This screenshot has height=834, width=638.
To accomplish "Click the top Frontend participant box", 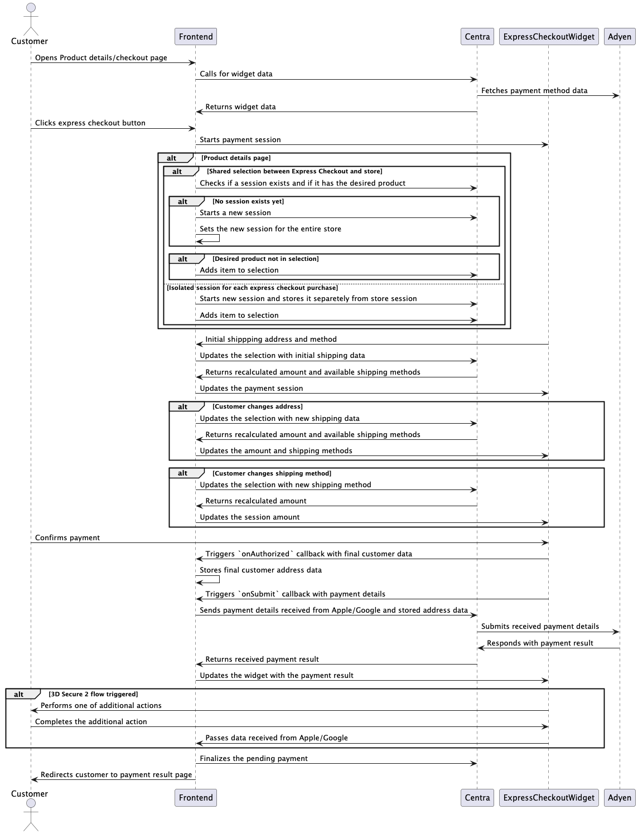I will (196, 37).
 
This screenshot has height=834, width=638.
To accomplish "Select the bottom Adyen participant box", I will (619, 797).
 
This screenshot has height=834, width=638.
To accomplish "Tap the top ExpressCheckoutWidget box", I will (549, 37).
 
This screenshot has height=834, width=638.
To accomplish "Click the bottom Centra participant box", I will (477, 797).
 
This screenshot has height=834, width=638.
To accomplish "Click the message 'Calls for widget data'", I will (236, 74).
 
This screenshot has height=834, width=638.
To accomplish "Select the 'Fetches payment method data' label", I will (534, 90).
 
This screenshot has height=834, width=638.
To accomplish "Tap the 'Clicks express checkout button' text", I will (90, 123).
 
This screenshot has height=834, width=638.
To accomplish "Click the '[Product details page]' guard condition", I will (236, 158).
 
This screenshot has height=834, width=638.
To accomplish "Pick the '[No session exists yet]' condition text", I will (248, 202).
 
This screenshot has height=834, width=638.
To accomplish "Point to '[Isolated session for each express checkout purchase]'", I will (252, 288).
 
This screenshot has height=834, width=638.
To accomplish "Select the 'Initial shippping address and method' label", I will (270, 339).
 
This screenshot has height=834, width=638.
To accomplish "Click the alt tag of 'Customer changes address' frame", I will (183, 407).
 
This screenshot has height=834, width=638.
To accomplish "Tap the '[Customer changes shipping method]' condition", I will (272, 473).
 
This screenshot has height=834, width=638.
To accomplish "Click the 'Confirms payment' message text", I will (67, 538).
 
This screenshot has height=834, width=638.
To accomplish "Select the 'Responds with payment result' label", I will (539, 643).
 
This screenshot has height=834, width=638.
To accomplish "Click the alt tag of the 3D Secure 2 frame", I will (20, 695).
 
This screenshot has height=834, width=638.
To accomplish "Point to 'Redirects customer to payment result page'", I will (116, 775).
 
